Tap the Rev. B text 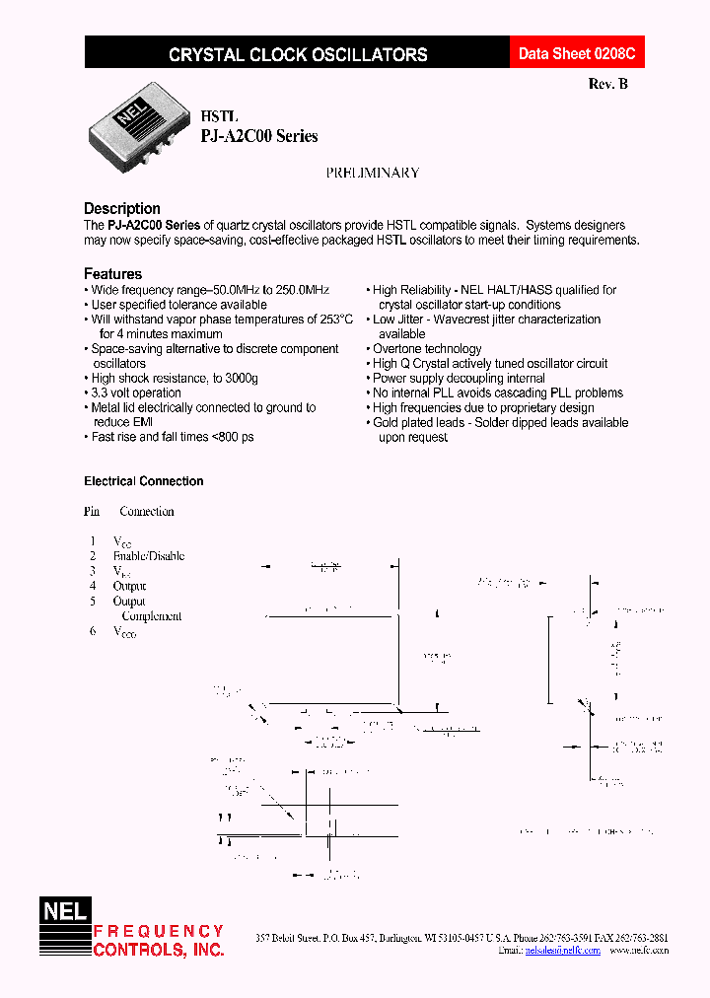[607, 84]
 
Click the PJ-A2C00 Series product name [259, 137]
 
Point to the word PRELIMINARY [373, 173]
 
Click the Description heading [122, 208]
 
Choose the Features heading [112, 273]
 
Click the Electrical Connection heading [144, 481]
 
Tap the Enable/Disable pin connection [149, 556]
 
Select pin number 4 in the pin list [93, 586]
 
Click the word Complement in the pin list [152, 615]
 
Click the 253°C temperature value [332, 320]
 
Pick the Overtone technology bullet [427, 348]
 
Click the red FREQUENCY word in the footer [159, 931]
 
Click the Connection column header [147, 512]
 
